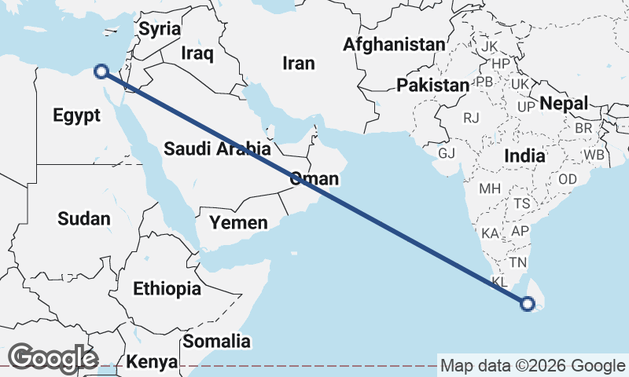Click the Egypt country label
click(x=76, y=115)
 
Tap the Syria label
click(x=160, y=29)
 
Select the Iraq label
click(x=197, y=53)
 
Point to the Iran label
click(x=298, y=64)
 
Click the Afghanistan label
click(x=394, y=45)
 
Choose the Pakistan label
click(x=432, y=85)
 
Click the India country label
click(x=524, y=156)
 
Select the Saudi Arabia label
click(x=217, y=148)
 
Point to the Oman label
click(x=314, y=180)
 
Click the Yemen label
click(x=238, y=223)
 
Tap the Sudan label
click(x=84, y=218)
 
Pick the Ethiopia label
click(x=167, y=288)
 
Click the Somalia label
click(x=216, y=342)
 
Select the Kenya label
click(x=148, y=363)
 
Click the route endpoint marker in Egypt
click(x=101, y=71)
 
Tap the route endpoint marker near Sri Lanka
click(x=527, y=303)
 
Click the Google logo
click(x=53, y=357)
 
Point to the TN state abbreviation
click(x=518, y=262)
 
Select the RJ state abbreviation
click(x=472, y=118)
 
